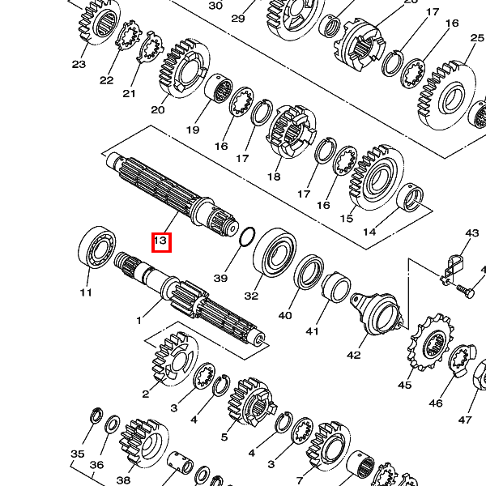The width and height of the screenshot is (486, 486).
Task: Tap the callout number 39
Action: (220, 278)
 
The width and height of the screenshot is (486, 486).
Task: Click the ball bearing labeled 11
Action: (96, 247)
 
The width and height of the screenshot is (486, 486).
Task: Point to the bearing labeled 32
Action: (275, 253)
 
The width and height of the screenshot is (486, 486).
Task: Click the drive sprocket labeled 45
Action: (431, 342)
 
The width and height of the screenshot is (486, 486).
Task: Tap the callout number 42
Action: (354, 355)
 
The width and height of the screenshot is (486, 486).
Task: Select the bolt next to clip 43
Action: (465, 291)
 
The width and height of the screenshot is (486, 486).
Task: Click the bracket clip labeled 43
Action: (452, 269)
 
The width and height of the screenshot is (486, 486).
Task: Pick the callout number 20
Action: (158, 109)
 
